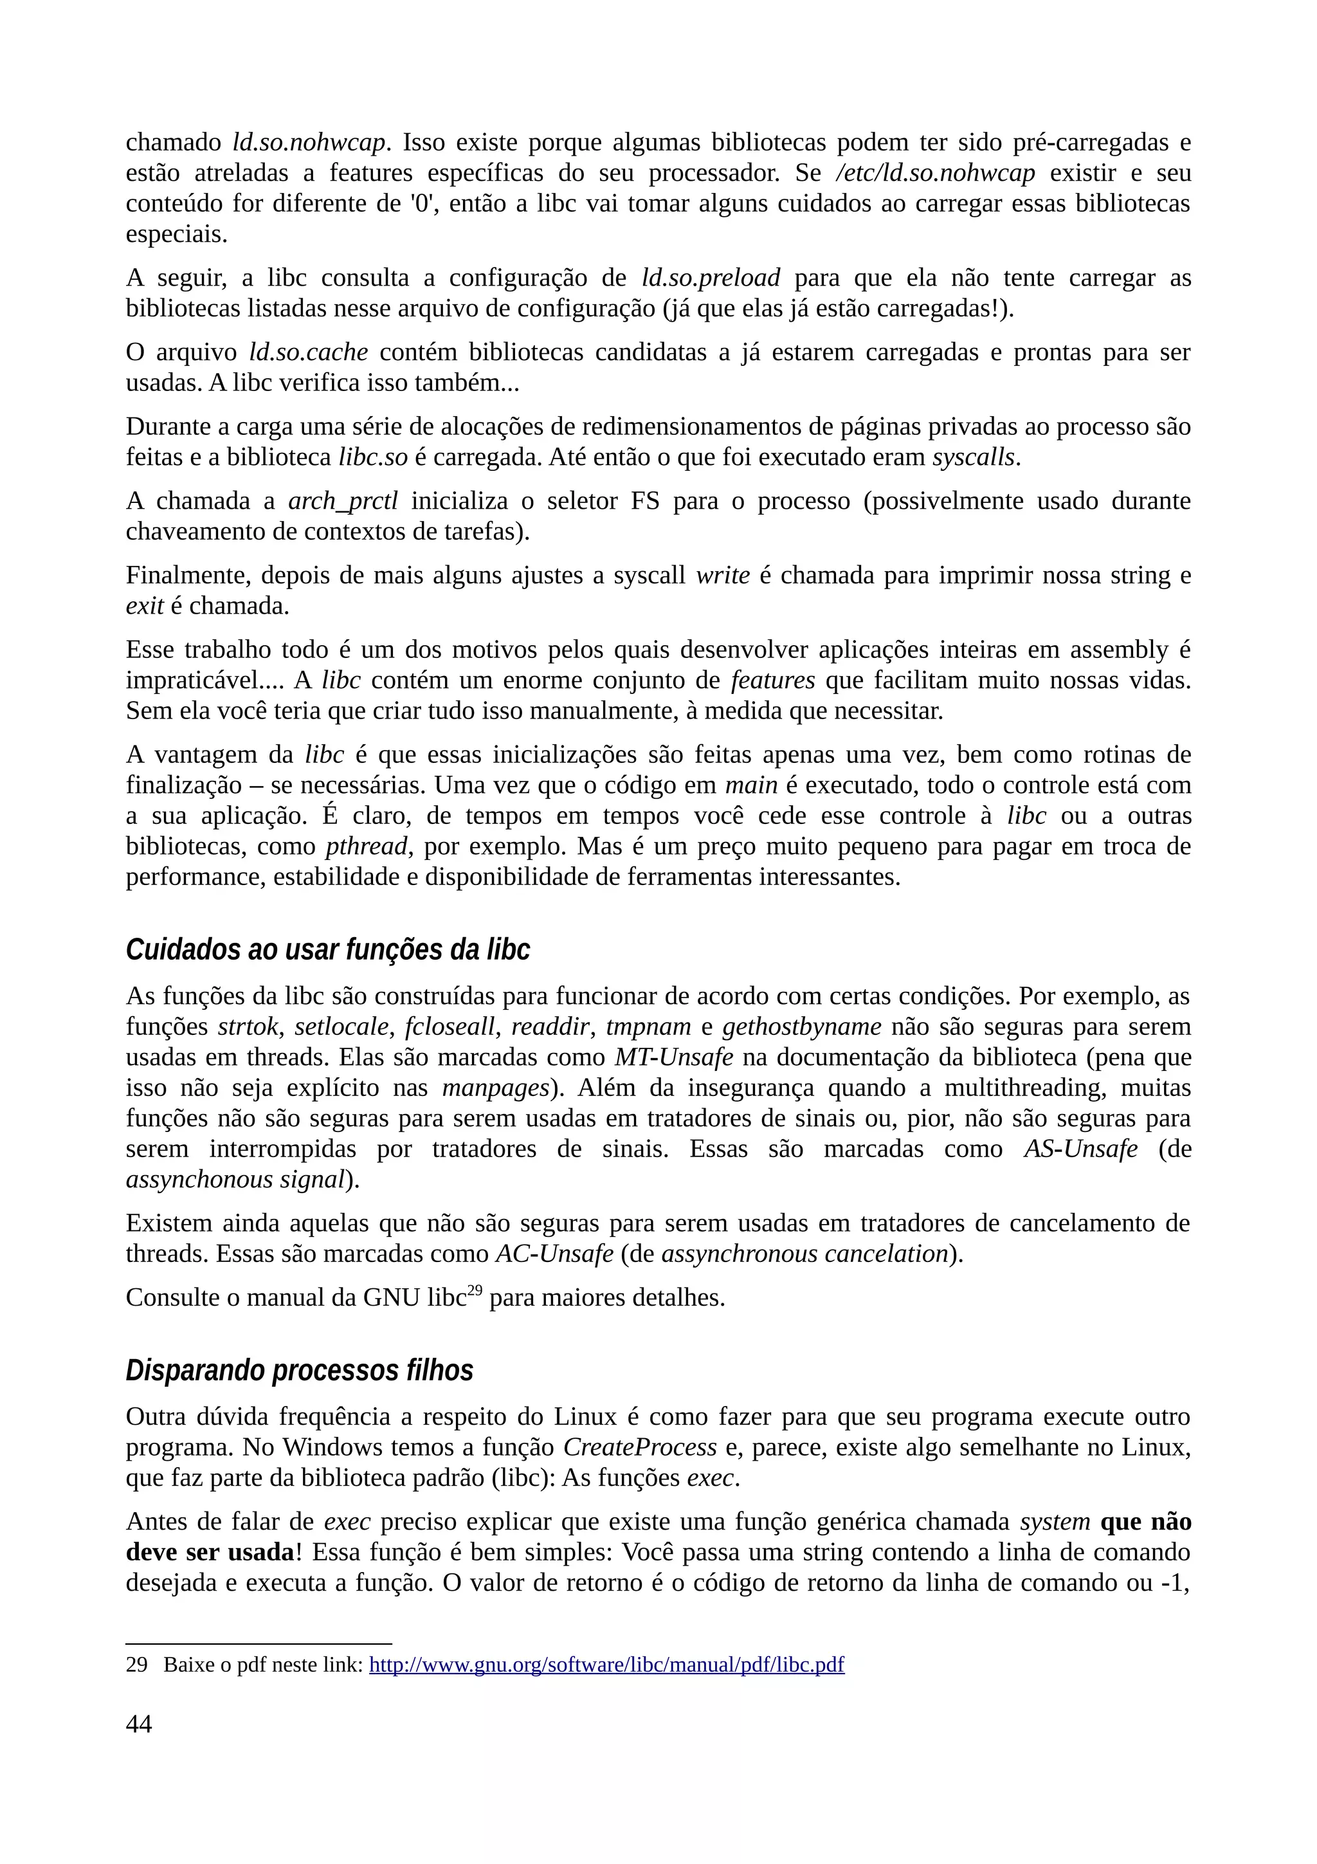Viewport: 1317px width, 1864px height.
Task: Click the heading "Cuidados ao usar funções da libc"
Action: coord(327,949)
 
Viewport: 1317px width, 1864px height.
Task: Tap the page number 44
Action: coord(139,1724)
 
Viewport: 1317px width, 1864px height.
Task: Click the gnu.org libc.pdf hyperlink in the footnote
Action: coord(606,1665)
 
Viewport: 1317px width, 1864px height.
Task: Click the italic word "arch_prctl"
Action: coord(343,501)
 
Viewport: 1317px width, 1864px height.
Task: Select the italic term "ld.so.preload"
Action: coord(710,279)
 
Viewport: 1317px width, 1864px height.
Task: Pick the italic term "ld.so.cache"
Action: coord(309,352)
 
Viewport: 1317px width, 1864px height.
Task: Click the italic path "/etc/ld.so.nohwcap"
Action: coord(935,173)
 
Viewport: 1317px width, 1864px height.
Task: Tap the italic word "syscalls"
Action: coord(973,458)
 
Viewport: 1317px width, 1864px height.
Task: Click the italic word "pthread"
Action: coord(366,846)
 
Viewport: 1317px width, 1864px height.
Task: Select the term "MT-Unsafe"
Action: coord(673,1058)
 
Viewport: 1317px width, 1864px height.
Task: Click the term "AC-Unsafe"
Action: coord(554,1254)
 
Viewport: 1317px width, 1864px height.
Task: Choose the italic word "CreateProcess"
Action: coord(639,1447)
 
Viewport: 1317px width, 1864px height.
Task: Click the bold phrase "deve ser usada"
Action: coord(210,1552)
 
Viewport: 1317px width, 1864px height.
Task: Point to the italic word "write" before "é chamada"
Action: coord(722,576)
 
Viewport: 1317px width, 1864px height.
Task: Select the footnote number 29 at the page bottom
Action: coord(136,1665)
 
